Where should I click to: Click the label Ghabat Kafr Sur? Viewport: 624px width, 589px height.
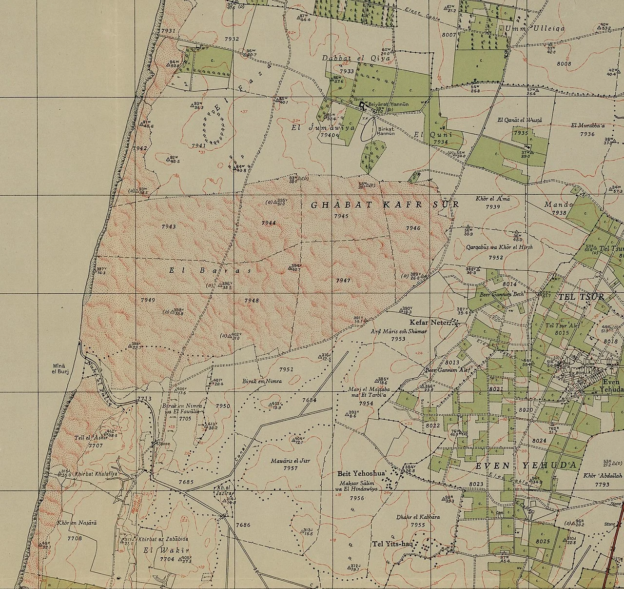385,205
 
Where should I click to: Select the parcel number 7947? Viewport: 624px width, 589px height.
343,281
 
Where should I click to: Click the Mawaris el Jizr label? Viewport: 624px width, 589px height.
291,460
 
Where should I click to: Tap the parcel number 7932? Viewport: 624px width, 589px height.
232,39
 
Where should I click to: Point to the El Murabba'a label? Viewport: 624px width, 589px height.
588,125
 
